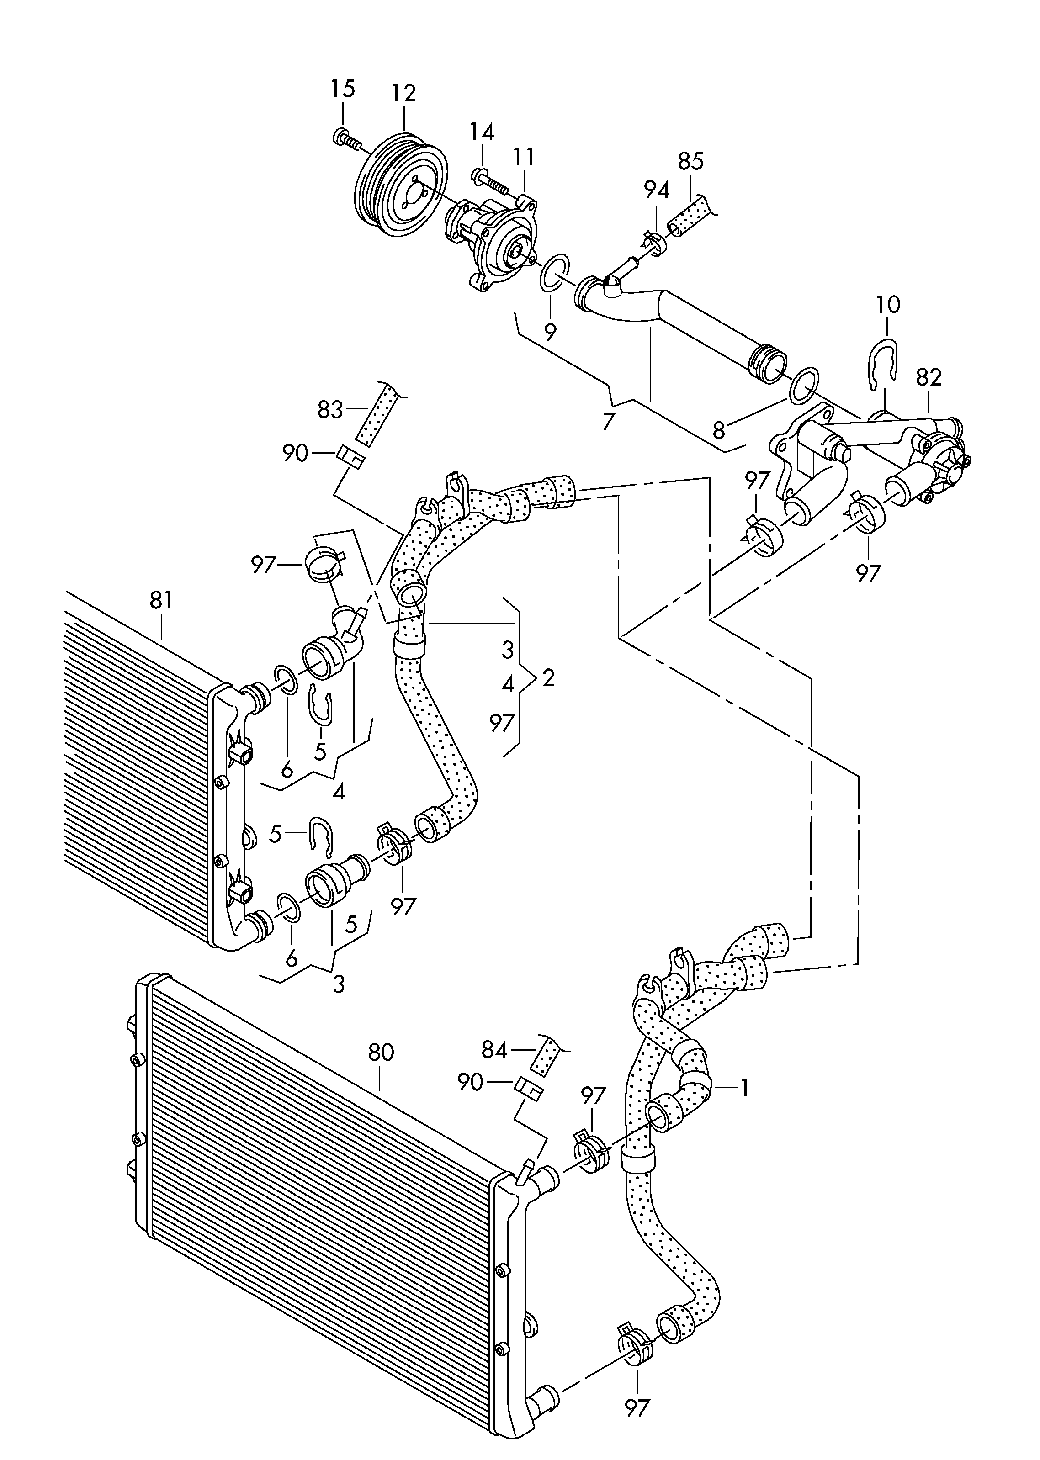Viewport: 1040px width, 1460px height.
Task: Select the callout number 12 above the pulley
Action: click(x=403, y=94)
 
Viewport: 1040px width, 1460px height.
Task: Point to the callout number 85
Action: click(x=690, y=161)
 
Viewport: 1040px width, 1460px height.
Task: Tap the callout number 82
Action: click(x=929, y=378)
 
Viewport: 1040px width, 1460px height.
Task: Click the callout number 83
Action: click(x=330, y=410)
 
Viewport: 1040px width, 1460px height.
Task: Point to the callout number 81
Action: click(x=161, y=600)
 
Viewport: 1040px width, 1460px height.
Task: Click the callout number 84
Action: click(x=494, y=1050)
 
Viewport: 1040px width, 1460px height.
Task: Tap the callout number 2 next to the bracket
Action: click(x=548, y=678)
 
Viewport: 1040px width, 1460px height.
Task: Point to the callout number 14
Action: click(x=482, y=132)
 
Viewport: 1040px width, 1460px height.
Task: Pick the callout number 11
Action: click(x=523, y=156)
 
